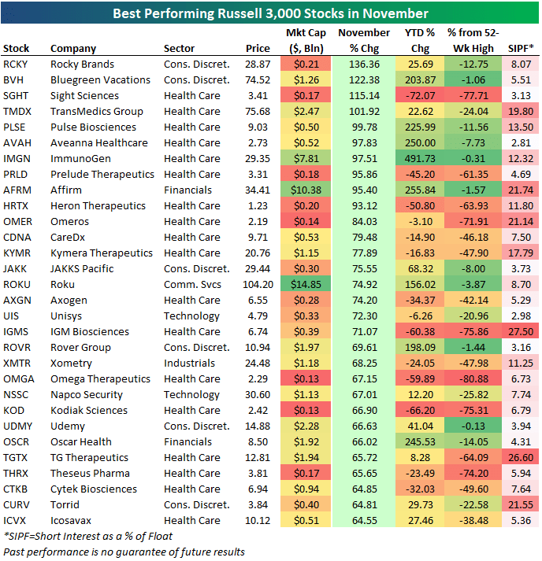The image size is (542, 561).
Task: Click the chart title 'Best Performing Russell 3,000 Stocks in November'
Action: [x=271, y=13]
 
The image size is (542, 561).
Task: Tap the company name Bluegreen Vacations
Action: [x=100, y=79]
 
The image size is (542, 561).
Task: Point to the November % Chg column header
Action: [x=363, y=40]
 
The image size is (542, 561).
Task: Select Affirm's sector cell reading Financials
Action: [x=187, y=190]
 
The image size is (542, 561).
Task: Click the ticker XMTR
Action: [x=17, y=363]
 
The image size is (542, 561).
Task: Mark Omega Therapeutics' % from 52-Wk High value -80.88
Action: [x=471, y=378]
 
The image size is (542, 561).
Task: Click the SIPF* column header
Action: [x=521, y=48]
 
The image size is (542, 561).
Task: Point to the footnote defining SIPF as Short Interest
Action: [x=88, y=536]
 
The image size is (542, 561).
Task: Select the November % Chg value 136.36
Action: [x=363, y=64]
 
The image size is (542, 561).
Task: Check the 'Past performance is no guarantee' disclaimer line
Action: [x=124, y=552]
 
